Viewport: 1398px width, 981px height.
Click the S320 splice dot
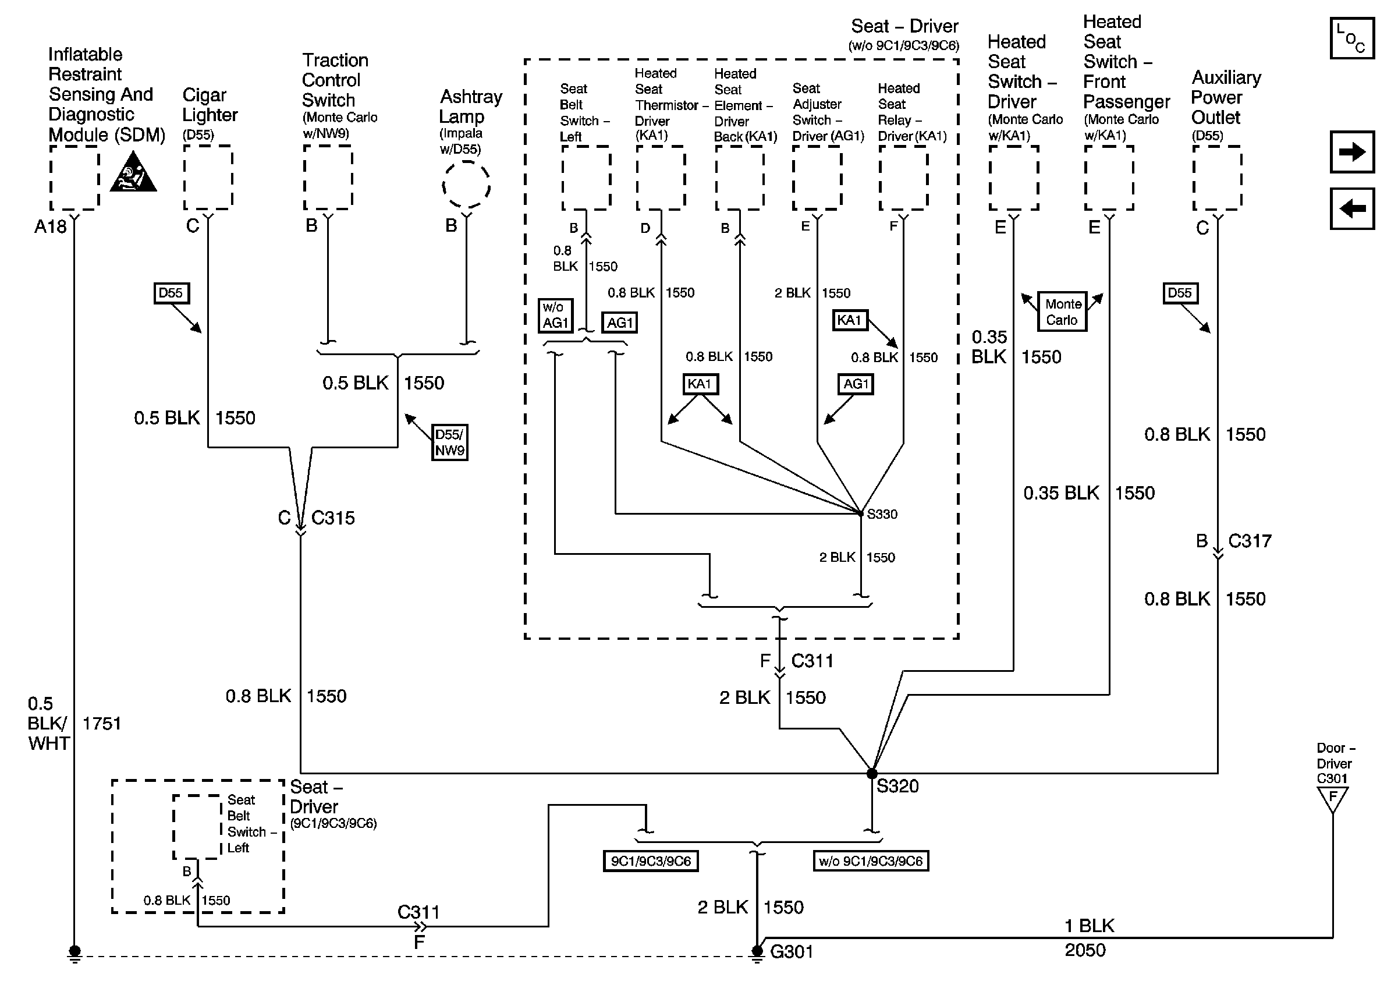(x=872, y=773)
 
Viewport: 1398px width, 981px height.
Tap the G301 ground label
(x=792, y=952)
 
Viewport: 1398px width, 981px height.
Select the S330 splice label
(x=882, y=514)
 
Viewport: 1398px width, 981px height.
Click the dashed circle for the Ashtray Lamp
(x=466, y=185)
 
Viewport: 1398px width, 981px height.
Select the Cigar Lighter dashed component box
(x=208, y=178)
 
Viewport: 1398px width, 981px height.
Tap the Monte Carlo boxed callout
(x=1062, y=312)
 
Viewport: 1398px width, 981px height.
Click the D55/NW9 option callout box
(x=449, y=442)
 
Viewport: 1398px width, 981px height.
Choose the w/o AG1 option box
(x=555, y=315)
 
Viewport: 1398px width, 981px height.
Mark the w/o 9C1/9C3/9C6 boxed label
(x=871, y=861)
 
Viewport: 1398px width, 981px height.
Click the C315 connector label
(x=332, y=518)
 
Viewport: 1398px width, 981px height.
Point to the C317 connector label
(x=1250, y=541)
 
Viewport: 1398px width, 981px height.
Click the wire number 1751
(x=102, y=724)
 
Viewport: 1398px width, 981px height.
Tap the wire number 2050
(x=1085, y=950)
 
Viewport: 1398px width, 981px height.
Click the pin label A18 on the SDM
(x=50, y=226)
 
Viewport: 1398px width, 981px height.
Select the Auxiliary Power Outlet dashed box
(x=1217, y=178)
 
